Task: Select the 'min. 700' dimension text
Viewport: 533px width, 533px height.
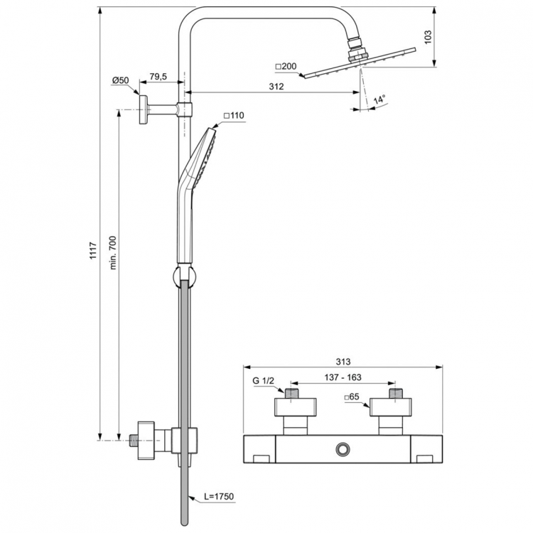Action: coord(112,253)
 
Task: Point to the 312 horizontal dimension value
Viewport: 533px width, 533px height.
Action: coord(276,87)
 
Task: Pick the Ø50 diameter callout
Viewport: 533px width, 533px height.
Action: coord(121,80)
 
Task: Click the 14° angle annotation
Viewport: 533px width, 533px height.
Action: coord(381,99)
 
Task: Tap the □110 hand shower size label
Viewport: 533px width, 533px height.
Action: coord(234,115)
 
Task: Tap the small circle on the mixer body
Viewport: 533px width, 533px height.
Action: coord(344,448)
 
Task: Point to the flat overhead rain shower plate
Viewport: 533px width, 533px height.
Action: coord(359,63)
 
